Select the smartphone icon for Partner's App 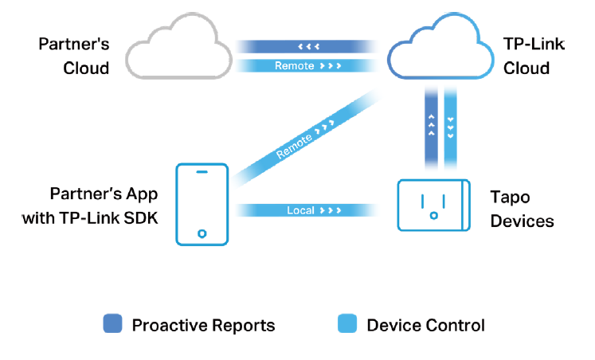[202, 203]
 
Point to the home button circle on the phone [202, 233]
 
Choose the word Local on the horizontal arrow [300, 211]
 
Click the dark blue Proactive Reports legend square [113, 324]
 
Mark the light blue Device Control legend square [348, 324]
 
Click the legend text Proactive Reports [203, 325]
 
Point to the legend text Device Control [425, 325]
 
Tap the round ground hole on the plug [433, 213]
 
